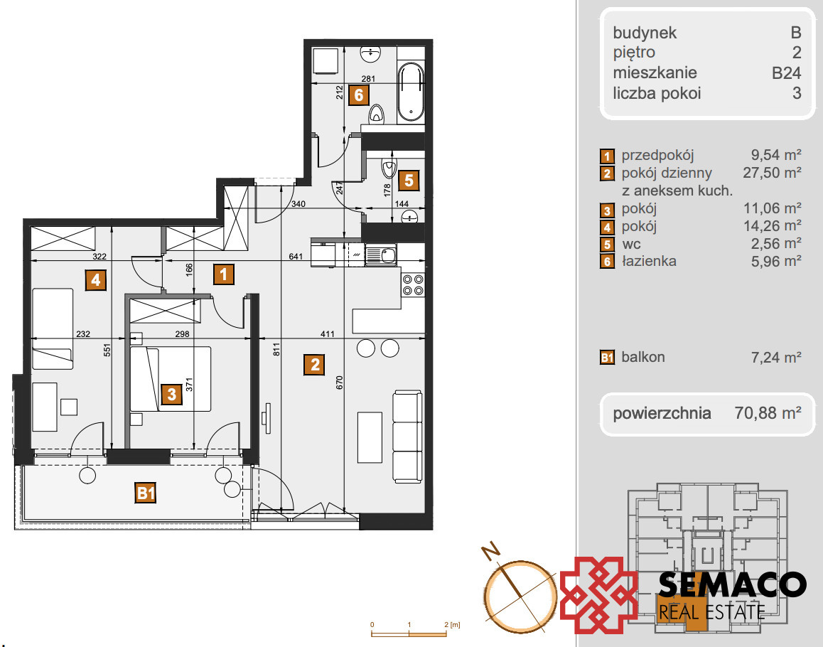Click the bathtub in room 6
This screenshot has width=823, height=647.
411,92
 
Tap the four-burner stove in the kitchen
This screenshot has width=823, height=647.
413,284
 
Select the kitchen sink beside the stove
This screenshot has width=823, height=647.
382,255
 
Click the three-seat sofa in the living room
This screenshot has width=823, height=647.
407,437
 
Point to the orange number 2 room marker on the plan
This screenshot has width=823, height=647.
314,365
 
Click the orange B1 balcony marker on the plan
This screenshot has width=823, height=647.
146,493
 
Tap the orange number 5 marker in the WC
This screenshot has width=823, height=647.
409,180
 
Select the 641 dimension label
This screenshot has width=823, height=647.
296,257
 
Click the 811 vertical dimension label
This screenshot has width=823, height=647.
276,349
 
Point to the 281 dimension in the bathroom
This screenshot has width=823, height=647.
368,79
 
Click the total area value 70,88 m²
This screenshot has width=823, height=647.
768,413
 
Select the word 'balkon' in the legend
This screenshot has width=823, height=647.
643,357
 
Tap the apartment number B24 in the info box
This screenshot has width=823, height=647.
786,73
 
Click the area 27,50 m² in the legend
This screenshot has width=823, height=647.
772,173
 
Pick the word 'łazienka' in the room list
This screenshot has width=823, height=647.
649,261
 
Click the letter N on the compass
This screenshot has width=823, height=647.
491,551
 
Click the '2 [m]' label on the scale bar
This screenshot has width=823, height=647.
452,625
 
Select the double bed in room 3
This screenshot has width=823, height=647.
171,379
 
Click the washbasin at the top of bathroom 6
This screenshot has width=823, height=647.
370,53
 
